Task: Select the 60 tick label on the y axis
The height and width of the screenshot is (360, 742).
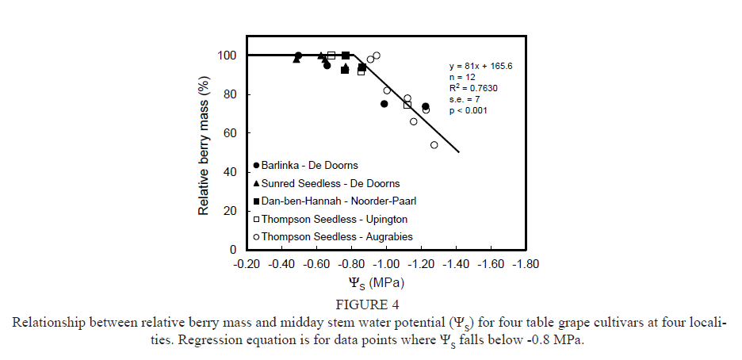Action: [x=231, y=133]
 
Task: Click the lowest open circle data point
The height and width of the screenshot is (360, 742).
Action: [x=434, y=145]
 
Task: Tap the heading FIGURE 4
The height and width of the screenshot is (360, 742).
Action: [x=372, y=304]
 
